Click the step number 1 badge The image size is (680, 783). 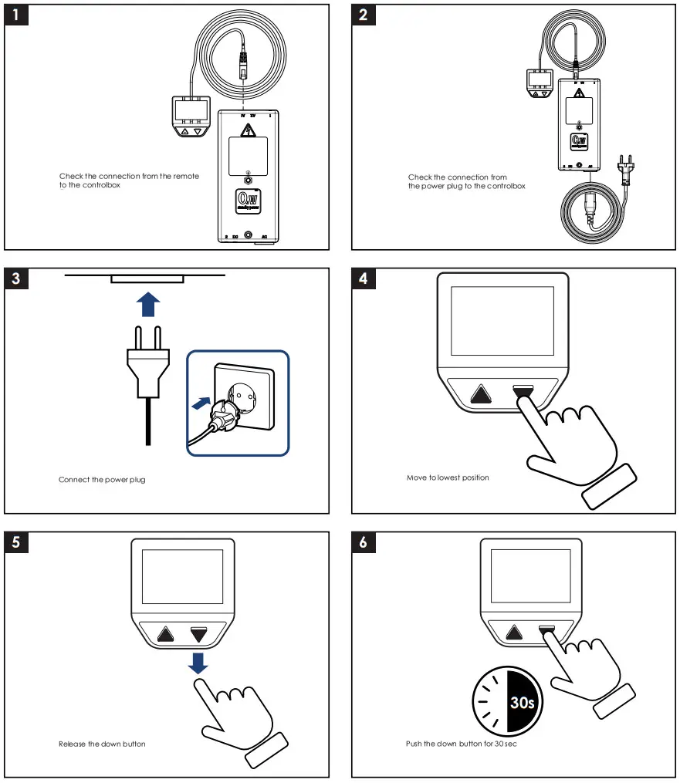pos(16,15)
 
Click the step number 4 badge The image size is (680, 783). pos(364,278)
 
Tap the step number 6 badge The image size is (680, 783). pos(364,542)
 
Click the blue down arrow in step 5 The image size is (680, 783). pos(199,663)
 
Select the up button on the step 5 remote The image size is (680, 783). pos(165,635)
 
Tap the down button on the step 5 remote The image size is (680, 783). pos(200,635)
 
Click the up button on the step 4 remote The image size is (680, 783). pos(482,395)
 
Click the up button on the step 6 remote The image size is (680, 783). pos(513,633)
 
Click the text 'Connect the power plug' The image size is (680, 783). pos(102,480)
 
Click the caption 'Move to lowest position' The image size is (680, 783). pos(448,478)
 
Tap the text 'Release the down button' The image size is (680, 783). pos(102,744)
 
